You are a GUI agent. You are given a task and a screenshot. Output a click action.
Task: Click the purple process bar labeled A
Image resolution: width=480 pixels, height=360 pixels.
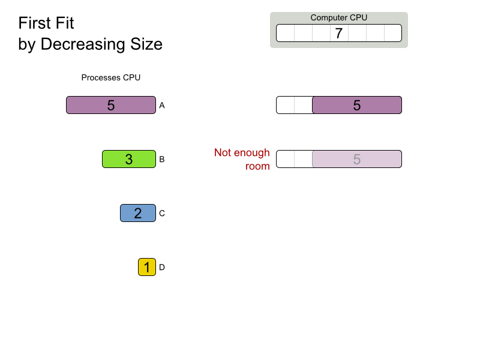111,105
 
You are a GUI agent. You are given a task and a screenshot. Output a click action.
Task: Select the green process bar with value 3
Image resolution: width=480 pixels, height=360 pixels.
129,159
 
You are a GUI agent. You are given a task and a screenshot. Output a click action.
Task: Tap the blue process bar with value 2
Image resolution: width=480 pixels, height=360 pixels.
138,213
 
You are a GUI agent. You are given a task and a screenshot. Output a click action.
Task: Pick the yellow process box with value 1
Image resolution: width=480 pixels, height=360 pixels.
147,267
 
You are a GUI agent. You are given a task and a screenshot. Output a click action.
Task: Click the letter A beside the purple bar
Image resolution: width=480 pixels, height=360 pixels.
162,106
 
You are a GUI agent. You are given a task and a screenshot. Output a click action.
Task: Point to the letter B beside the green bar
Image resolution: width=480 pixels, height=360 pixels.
162,159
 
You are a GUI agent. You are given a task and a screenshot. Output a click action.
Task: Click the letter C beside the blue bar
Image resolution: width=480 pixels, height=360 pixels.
162,213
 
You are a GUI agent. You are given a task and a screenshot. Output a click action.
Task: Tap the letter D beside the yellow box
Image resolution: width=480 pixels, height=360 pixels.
162,267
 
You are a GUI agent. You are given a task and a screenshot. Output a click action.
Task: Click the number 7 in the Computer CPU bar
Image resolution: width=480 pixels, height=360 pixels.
338,33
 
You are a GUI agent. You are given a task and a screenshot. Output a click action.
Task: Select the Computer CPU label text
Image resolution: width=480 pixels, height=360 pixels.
339,18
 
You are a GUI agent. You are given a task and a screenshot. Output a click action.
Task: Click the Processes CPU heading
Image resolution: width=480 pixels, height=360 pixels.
111,78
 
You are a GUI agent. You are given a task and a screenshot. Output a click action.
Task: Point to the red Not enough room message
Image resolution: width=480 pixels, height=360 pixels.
242,159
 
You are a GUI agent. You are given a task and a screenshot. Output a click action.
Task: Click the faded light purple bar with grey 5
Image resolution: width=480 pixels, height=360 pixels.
357,159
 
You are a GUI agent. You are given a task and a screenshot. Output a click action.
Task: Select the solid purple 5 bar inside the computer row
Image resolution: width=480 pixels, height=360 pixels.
357,105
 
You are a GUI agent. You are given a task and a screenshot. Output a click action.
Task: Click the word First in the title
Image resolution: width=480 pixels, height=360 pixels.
35,23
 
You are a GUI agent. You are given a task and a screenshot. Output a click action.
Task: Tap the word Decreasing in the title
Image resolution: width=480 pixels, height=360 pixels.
83,44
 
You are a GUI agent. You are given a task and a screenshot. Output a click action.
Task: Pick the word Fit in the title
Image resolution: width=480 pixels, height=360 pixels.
65,23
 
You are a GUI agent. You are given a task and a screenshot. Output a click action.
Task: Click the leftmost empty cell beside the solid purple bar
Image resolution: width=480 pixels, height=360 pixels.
286,105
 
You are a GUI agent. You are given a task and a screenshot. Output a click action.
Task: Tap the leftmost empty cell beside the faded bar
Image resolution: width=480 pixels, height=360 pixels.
286,159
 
